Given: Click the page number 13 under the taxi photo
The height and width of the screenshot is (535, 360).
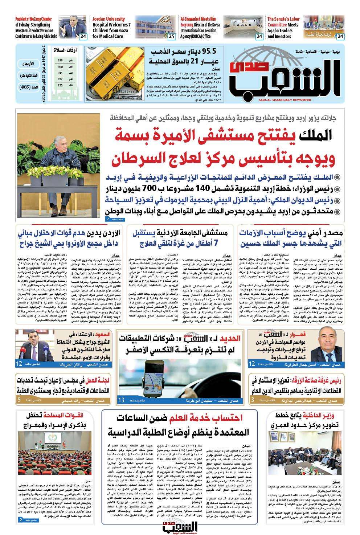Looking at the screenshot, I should coord(122,400).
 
